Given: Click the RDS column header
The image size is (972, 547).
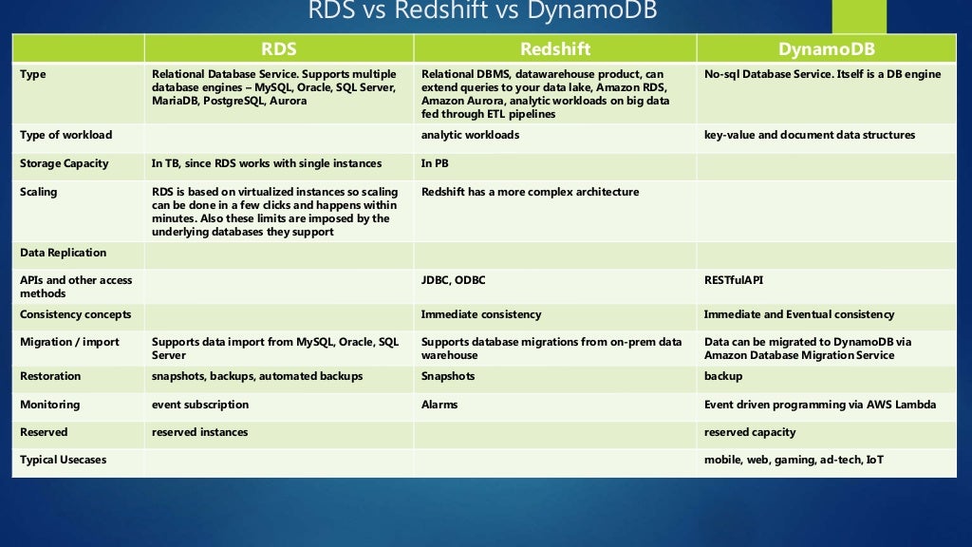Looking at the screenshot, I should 278,48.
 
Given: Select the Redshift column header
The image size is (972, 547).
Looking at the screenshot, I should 554,48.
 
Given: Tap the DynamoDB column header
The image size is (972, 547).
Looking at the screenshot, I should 826,48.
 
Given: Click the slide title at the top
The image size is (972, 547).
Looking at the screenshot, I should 482,11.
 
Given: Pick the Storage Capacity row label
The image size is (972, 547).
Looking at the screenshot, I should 65,163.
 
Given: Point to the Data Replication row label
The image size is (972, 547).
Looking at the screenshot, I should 64,253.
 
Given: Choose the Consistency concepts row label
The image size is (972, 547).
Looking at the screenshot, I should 76,314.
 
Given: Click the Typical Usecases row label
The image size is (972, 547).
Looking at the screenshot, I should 64,460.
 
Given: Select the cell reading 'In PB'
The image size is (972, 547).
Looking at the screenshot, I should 435,163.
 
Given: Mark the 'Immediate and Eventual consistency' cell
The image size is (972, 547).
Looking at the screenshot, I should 798,314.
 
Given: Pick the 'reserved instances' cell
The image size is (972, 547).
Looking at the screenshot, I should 199,432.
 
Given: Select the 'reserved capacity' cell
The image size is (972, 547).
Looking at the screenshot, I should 750,432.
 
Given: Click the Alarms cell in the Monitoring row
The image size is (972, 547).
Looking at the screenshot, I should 439,405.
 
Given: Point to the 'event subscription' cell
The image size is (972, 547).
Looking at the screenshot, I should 200,405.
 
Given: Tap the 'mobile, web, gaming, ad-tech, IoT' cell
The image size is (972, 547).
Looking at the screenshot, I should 794,460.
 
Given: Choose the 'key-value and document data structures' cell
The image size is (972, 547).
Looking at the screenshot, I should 809,135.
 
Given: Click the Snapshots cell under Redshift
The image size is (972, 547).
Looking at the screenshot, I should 448,376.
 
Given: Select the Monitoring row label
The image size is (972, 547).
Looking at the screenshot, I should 50,405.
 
